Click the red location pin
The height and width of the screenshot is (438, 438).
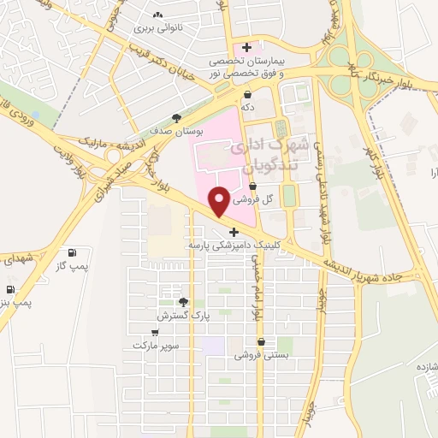pyautogui.click(x=219, y=202)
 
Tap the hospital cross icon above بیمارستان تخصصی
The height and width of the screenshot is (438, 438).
pyautogui.click(x=247, y=47)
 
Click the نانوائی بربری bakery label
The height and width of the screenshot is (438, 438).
pyautogui.click(x=157, y=27)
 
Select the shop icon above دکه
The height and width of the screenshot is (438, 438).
pyautogui.click(x=248, y=95)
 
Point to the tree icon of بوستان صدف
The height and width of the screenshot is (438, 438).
pyautogui.click(x=176, y=118)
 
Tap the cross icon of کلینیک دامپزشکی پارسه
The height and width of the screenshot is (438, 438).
pyautogui.click(x=234, y=231)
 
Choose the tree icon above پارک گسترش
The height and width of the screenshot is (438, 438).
pyautogui.click(x=183, y=301)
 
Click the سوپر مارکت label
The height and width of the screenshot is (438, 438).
pyautogui.click(x=156, y=346)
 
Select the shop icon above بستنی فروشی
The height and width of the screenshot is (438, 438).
pyautogui.click(x=261, y=341)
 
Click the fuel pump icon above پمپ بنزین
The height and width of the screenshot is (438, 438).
pyautogui.click(x=10, y=289)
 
